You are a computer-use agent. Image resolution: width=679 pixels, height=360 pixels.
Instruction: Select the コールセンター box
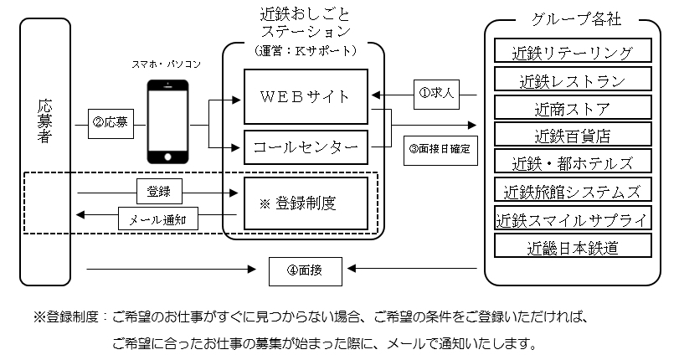[306, 149]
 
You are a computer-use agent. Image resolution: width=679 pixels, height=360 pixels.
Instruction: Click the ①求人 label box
[436, 93]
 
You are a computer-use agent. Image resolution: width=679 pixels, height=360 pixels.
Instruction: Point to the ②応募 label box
[111, 122]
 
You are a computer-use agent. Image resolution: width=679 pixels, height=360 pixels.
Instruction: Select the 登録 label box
[159, 192]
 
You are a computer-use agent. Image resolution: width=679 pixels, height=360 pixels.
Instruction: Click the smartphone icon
[167, 121]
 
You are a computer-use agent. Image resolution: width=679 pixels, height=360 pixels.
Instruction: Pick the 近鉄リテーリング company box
[573, 52]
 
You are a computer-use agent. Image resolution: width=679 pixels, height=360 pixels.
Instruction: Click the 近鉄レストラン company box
[573, 80]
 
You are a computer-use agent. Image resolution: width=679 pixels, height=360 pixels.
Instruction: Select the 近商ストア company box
[573, 107]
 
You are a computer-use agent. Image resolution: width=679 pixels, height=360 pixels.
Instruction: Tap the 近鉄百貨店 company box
[573, 135]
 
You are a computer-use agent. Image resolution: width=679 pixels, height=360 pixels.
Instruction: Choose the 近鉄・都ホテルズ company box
[573, 162]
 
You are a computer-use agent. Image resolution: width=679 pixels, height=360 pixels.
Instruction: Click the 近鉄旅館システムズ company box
[573, 191]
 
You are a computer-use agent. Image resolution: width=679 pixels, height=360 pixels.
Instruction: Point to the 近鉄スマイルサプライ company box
[573, 219]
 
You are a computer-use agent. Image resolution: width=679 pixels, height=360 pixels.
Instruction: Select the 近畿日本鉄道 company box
[573, 247]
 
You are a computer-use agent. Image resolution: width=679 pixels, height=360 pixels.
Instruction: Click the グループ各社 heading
[574, 19]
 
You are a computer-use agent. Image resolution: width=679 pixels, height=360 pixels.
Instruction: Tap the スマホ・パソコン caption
[167, 64]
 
